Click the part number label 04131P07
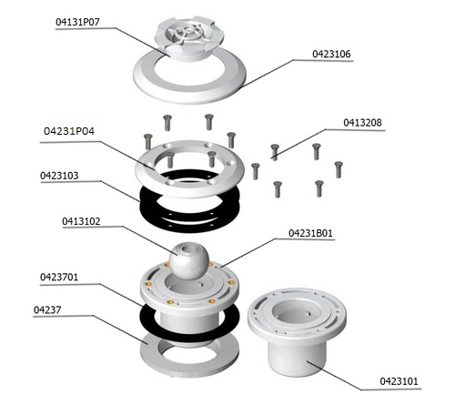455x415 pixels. click(77, 22)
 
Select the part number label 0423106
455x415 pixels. click(331, 54)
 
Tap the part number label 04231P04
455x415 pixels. click(69, 131)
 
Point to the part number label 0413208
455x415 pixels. click(362, 123)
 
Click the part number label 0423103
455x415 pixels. click(59, 176)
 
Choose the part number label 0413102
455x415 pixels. click(81, 221)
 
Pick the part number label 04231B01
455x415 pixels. click(310, 233)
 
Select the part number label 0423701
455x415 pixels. click(59, 277)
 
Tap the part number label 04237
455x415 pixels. click(47, 309)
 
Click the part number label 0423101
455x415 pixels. click(399, 381)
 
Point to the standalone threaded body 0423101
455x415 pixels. click(297, 330)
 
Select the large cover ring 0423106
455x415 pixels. click(189, 89)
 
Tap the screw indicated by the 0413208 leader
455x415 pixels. click(275, 152)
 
